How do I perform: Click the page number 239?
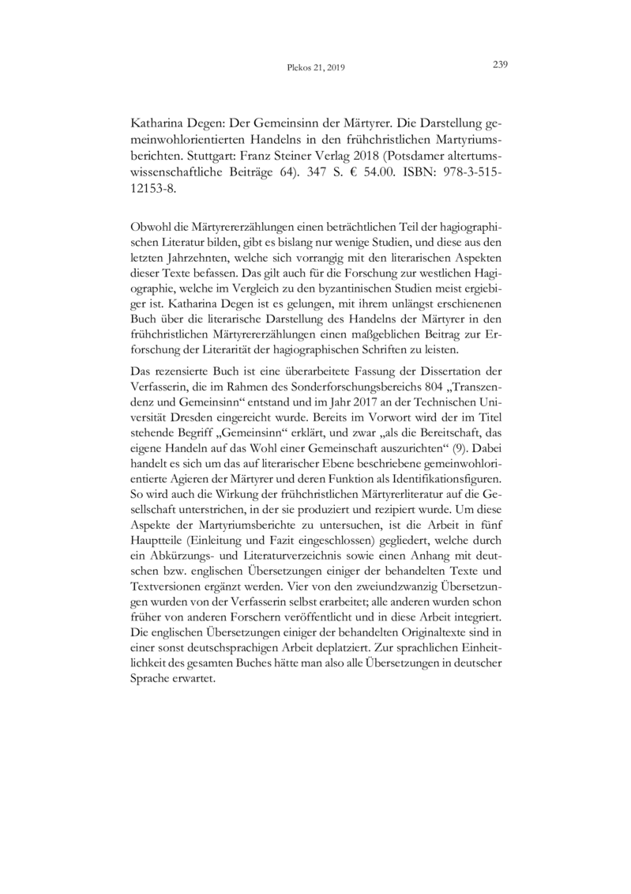(x=498, y=65)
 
